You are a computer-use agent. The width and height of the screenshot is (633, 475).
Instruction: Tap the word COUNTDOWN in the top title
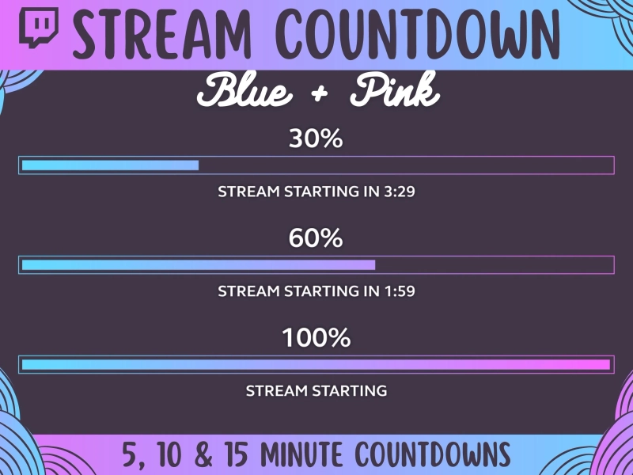pyautogui.click(x=419, y=32)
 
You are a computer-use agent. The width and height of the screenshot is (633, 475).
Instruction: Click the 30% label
pyautogui.click(x=316, y=139)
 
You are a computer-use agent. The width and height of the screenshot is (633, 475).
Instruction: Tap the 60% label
pyautogui.click(x=316, y=237)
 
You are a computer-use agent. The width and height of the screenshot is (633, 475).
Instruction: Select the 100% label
pyautogui.click(x=316, y=338)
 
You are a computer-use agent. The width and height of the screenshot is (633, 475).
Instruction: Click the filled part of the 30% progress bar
pyautogui.click(x=110, y=165)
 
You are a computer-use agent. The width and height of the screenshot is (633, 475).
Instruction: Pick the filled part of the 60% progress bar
pyautogui.click(x=198, y=265)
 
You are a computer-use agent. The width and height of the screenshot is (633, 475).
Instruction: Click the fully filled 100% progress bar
pyautogui.click(x=316, y=365)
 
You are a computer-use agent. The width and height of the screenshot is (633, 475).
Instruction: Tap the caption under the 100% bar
pyautogui.click(x=316, y=391)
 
